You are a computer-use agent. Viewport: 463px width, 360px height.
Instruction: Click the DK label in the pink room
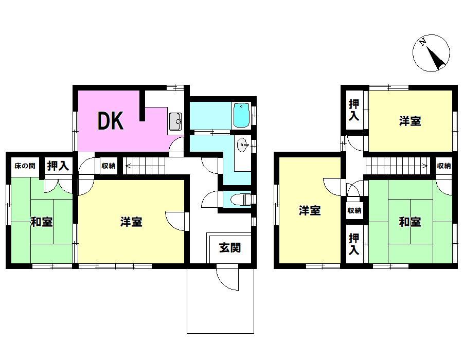[x=111, y=121]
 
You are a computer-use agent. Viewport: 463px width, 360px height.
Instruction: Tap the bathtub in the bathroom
[x=242, y=115]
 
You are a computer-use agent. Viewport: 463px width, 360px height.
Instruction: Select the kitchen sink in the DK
[x=176, y=121]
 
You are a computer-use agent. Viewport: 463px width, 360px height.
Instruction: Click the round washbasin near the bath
[x=242, y=145]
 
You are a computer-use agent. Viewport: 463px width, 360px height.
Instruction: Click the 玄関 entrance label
[x=230, y=248]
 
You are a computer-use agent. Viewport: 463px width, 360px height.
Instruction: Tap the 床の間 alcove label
[x=25, y=166]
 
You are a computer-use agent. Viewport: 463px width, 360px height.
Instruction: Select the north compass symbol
[x=432, y=53]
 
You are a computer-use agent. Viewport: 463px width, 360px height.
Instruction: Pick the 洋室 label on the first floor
[x=131, y=222]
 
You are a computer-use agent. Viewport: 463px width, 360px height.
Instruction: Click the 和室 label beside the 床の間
[x=42, y=222]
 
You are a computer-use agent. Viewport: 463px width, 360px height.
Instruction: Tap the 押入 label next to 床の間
[x=58, y=166]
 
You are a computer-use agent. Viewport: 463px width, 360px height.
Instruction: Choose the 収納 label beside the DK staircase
[x=109, y=166]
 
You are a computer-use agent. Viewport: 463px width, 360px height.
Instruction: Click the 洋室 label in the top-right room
[x=410, y=121]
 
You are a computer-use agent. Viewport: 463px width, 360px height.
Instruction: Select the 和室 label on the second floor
[x=410, y=222]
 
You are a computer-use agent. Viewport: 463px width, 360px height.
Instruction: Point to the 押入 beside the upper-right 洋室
[x=354, y=110]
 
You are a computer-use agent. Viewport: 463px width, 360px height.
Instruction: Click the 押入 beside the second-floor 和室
[x=354, y=244]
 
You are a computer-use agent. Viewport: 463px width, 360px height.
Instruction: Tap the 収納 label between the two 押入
[x=354, y=211]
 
